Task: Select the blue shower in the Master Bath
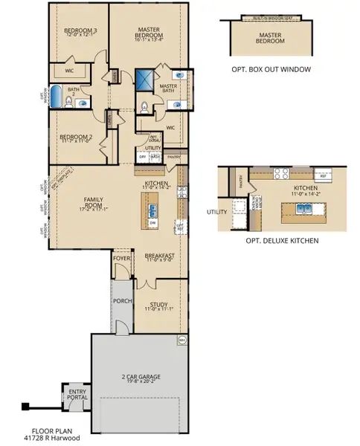[x=144, y=78]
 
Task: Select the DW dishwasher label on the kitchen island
[x=152, y=223]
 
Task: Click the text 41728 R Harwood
[x=57, y=437]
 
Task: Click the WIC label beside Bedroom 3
[x=68, y=71]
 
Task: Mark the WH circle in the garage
[x=182, y=341]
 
